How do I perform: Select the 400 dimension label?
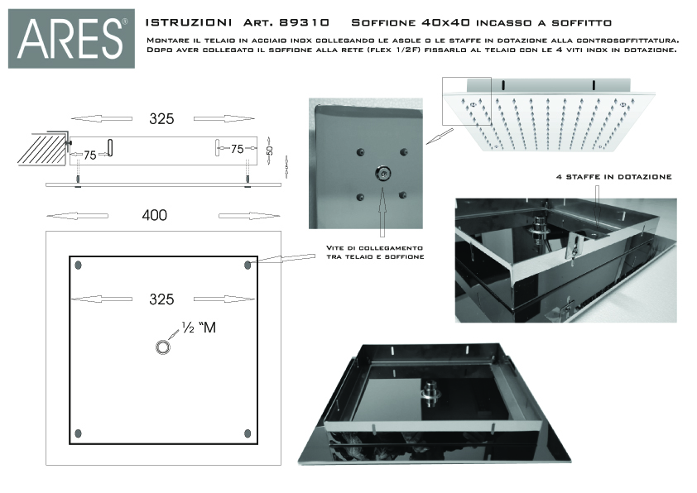[x=154, y=215]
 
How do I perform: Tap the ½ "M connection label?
[x=198, y=328]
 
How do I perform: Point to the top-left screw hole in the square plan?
[x=78, y=266]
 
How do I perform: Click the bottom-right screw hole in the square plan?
[x=248, y=433]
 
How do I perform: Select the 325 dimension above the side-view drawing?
[x=161, y=118]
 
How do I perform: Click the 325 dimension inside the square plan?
[x=161, y=299]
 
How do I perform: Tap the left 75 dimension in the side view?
[x=89, y=153]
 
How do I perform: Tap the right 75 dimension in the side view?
[x=237, y=149]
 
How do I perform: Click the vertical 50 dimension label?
[x=269, y=151]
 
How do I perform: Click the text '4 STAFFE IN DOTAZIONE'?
[x=613, y=176]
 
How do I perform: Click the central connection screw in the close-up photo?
[x=382, y=173]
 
